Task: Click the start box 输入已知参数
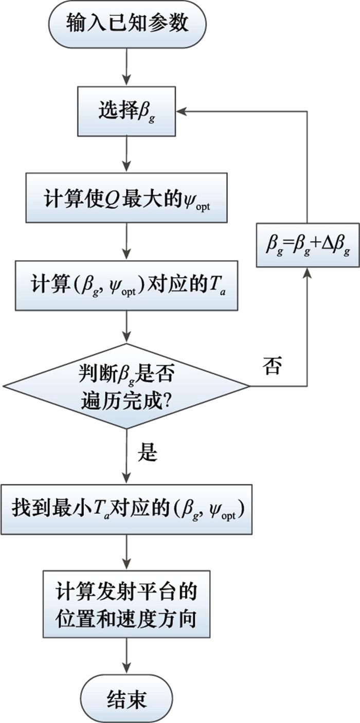(x=127, y=25)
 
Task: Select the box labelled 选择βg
(x=127, y=112)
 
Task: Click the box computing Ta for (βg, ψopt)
(x=127, y=285)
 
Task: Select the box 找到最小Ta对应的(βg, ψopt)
(x=127, y=509)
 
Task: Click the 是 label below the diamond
(x=148, y=453)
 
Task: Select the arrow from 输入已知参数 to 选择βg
(x=127, y=67)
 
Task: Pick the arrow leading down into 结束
(x=127, y=658)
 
